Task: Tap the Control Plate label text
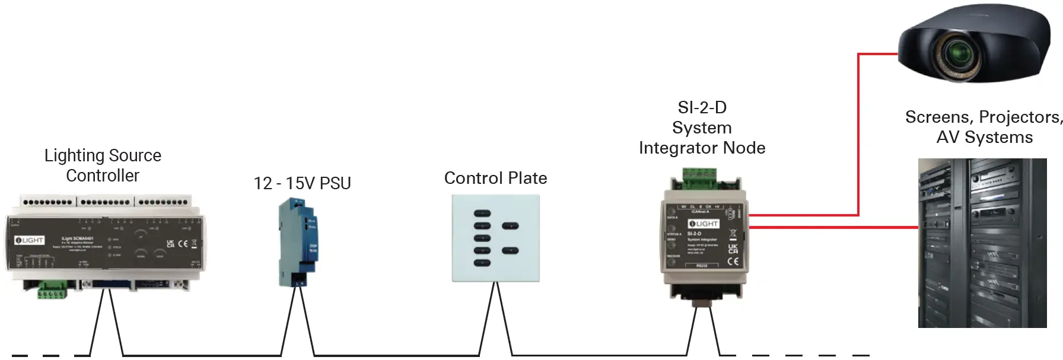[495, 178]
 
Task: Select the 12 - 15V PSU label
[302, 183]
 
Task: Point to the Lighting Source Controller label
[103, 165]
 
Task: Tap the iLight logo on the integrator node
[704, 224]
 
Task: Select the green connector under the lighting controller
[52, 291]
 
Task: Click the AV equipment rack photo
[982, 243]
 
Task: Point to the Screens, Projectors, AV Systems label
[984, 127]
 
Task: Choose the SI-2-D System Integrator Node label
[702, 128]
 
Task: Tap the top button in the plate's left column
[482, 213]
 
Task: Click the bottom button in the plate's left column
[482, 263]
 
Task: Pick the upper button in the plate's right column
[510, 225]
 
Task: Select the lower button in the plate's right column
[510, 250]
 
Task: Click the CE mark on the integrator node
[733, 261]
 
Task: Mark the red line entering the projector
[878, 54]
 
